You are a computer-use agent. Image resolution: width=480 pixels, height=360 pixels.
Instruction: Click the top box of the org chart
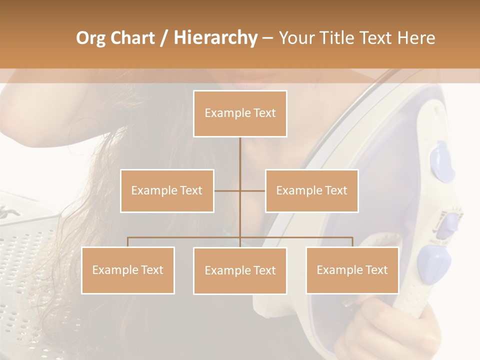tap(240, 113)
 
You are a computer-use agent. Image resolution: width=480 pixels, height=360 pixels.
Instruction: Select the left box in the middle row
tap(167, 190)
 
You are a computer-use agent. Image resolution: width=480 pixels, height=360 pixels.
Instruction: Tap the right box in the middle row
tap(311, 190)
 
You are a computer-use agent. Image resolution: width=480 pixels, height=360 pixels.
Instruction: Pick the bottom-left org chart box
tap(128, 270)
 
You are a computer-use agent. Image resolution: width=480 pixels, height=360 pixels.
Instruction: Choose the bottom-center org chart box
tap(240, 270)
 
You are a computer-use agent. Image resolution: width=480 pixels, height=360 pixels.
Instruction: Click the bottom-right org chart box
tap(352, 270)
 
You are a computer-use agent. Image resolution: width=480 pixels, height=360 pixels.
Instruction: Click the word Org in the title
tap(90, 38)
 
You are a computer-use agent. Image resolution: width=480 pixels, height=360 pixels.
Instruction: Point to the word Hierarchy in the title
tap(215, 38)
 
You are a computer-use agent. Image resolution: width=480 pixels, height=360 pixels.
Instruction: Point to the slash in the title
tap(164, 38)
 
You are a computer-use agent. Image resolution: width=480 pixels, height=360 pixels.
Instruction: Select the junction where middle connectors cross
tap(240, 190)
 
